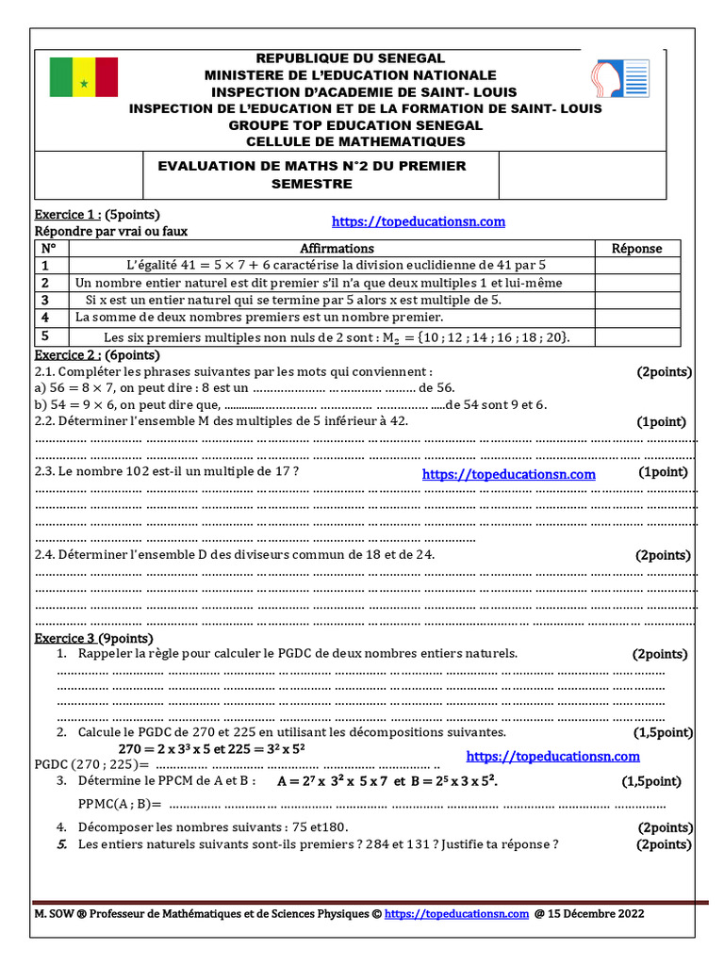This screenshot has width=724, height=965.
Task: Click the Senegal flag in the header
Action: [x=83, y=76]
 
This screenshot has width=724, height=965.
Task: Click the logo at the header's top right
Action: [x=619, y=84]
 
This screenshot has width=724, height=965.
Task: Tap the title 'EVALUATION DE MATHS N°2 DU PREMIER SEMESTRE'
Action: [x=311, y=174]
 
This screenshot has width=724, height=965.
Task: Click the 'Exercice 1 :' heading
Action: [x=67, y=214]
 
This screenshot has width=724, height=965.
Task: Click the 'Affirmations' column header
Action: [x=337, y=248]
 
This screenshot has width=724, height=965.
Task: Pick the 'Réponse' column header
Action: [x=637, y=248]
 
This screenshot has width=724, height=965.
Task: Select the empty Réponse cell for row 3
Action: [x=637, y=300]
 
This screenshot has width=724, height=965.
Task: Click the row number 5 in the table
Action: [x=43, y=335]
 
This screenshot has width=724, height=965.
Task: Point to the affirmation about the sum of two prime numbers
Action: [x=259, y=317]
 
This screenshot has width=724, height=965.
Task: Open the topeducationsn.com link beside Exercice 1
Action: [x=419, y=221]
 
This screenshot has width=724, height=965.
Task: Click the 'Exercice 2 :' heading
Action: [x=67, y=355]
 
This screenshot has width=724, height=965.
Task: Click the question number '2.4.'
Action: [x=45, y=555]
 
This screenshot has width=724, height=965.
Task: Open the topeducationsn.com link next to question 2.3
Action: [x=508, y=475]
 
